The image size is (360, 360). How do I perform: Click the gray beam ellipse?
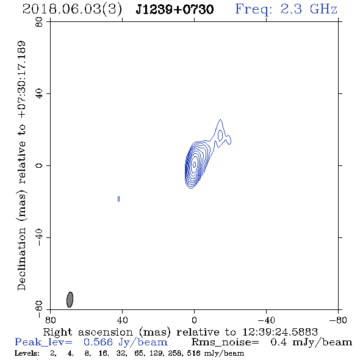point(70,300)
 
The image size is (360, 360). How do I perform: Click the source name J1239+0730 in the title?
point(175,10)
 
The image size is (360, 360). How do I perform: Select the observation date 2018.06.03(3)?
point(72,10)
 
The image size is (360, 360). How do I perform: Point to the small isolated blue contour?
point(118,199)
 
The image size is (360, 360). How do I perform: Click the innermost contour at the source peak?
point(195,164)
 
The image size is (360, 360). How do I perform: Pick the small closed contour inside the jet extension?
point(220,135)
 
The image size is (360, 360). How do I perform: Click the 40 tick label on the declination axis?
point(39,94)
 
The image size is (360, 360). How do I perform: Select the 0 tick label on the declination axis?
point(39,165)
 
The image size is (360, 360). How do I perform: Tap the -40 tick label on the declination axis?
point(39,237)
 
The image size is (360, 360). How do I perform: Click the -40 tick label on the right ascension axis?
point(266,320)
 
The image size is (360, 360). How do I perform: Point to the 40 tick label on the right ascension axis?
point(122,320)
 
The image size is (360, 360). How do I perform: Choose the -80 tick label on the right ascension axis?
point(338,320)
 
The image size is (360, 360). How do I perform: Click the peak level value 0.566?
point(98,342)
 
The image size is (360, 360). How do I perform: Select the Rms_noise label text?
point(225,342)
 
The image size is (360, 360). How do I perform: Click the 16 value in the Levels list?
point(103,353)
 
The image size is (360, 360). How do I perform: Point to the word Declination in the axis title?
point(21,259)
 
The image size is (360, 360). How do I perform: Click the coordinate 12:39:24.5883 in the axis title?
point(280,332)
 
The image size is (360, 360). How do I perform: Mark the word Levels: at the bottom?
point(27,353)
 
